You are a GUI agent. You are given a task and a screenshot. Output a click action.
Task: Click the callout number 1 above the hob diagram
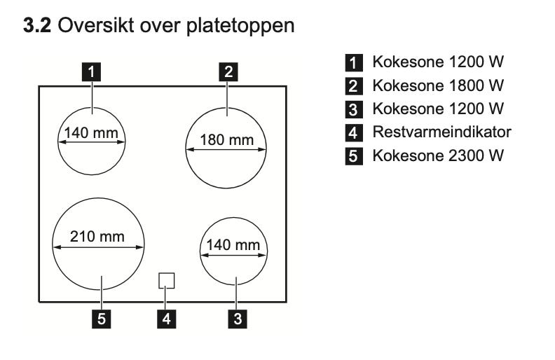pyautogui.click(x=91, y=71)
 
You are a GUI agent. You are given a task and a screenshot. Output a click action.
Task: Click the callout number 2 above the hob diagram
pyautogui.click(x=228, y=71)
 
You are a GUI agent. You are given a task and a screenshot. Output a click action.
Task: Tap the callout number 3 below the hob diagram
pyautogui.click(x=238, y=319)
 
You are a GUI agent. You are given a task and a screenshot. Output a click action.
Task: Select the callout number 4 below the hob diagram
pyautogui.click(x=166, y=319)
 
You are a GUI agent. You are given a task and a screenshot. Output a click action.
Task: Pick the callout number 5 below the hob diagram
pyautogui.click(x=101, y=319)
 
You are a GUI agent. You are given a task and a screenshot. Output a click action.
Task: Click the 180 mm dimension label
pyautogui.click(x=227, y=140)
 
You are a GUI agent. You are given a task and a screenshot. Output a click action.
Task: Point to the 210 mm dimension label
pyautogui.click(x=97, y=237)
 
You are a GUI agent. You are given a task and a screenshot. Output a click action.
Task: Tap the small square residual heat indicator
pyautogui.click(x=166, y=280)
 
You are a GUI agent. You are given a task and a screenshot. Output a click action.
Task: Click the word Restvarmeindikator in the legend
pyautogui.click(x=441, y=132)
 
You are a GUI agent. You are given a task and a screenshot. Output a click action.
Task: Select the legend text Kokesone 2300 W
pyautogui.click(x=438, y=155)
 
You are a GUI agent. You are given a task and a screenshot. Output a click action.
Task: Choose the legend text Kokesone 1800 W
pyautogui.click(x=438, y=85)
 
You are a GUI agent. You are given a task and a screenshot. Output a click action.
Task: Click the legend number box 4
pyautogui.click(x=354, y=133)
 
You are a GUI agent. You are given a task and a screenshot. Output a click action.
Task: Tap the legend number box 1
pyautogui.click(x=354, y=62)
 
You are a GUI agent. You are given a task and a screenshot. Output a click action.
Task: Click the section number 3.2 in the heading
pyautogui.click(x=37, y=26)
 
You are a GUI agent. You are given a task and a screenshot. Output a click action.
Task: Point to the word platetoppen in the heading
pyautogui.click(x=240, y=27)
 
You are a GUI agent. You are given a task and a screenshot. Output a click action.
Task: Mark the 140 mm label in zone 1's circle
pyautogui.click(x=91, y=133)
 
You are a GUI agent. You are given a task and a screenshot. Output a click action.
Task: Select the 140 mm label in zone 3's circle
pyautogui.click(x=233, y=245)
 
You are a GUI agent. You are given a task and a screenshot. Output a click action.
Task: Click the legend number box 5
pyautogui.click(x=354, y=156)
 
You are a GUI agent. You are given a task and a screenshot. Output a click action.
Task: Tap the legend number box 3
pyautogui.click(x=354, y=110)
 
